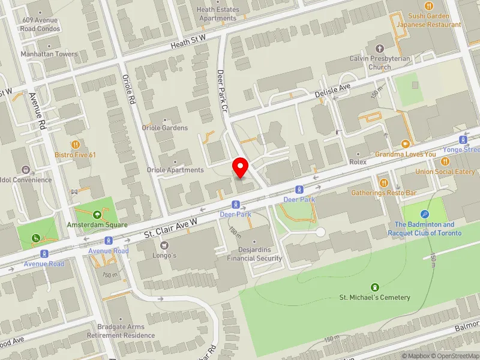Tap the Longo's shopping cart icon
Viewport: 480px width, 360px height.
(x=163, y=245)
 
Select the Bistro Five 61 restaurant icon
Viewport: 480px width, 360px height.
(x=76, y=145)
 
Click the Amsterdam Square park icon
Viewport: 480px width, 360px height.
(x=97, y=214)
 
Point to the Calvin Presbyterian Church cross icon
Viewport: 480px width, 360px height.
(x=379, y=49)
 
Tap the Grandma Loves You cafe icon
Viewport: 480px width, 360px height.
(x=406, y=144)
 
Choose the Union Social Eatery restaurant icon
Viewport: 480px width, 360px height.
(x=445, y=161)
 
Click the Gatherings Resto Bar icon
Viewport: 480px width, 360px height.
(x=383, y=182)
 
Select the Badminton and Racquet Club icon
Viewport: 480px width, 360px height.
(x=425, y=214)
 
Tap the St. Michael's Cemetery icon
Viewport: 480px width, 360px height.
(x=375, y=287)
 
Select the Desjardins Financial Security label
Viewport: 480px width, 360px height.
(x=254, y=254)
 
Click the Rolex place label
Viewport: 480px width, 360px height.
(x=358, y=162)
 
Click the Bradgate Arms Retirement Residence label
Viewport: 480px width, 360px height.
(x=121, y=331)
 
